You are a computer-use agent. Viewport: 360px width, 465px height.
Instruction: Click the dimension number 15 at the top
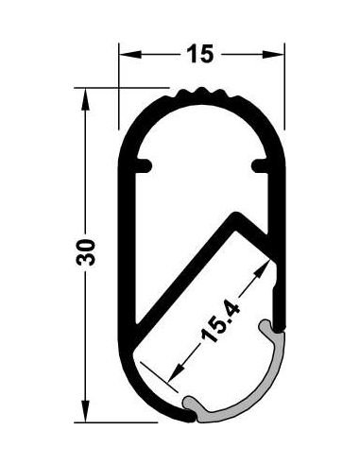click(x=200, y=53)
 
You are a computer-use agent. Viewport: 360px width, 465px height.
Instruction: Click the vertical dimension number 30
click(x=86, y=252)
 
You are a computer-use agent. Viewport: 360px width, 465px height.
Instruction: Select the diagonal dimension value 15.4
click(x=220, y=322)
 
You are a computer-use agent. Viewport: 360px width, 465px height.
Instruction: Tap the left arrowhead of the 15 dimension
click(x=129, y=55)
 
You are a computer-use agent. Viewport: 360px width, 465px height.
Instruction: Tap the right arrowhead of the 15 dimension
click(x=273, y=55)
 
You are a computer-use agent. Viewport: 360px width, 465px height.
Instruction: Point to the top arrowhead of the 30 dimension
click(x=85, y=99)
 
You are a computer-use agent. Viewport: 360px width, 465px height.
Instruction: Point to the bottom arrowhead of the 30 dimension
click(x=85, y=411)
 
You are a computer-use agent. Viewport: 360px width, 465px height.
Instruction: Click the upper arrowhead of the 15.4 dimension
click(x=261, y=268)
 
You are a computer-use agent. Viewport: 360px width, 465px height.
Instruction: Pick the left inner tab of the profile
click(x=144, y=166)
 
